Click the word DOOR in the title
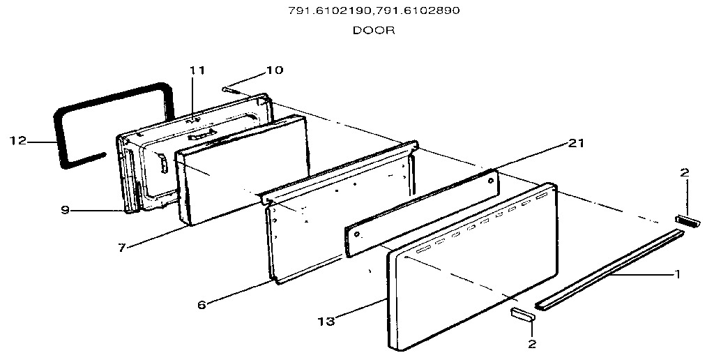374,31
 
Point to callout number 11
197,70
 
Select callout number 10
275,70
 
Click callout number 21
575,144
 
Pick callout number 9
66,211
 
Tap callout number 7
121,248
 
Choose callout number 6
202,304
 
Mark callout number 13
326,321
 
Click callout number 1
677,274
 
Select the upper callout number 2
685,173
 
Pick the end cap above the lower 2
522,315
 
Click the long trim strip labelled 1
609,270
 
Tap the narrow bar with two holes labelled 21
422,213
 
